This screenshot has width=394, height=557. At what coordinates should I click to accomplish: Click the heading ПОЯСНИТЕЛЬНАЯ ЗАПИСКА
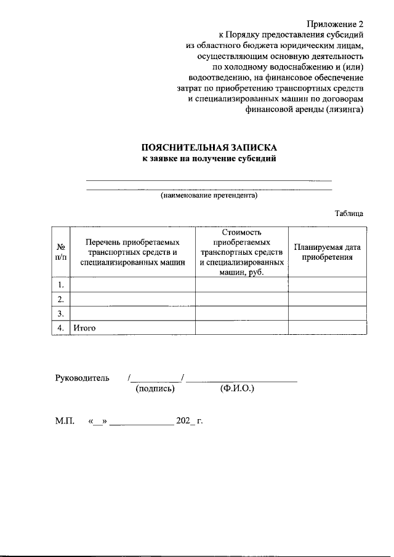[209, 148]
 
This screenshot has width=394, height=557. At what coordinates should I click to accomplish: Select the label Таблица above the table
[349, 214]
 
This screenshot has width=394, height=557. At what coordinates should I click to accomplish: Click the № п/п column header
[61, 252]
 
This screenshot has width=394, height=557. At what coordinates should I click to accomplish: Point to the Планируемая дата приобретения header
[328, 252]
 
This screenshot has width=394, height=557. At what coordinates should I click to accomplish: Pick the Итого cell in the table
[84, 329]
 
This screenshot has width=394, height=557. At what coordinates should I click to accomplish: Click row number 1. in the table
[61, 285]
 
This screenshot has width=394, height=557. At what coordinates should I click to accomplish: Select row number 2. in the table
[61, 300]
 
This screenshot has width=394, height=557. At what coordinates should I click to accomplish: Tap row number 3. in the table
[61, 314]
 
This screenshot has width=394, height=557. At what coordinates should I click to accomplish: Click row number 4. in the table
[61, 329]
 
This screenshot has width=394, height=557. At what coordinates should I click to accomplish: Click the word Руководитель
[82, 377]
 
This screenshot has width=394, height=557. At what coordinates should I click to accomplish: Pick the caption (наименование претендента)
[209, 196]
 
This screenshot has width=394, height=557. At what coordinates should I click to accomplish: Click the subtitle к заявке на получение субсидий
[209, 159]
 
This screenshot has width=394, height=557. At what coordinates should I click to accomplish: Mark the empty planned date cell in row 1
[328, 285]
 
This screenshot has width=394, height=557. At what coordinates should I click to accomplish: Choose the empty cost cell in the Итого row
[242, 329]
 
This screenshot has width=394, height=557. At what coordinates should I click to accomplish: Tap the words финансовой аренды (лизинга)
[305, 111]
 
